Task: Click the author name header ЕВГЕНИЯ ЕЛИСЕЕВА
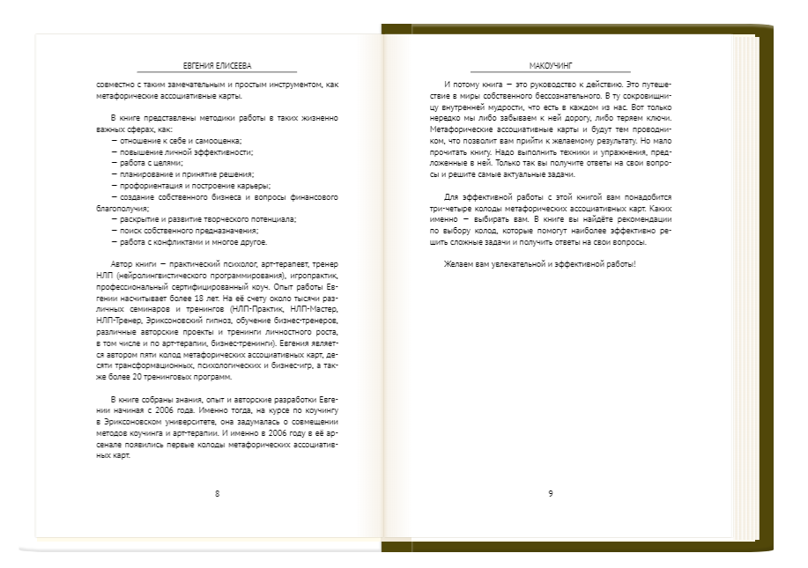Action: click(x=217, y=64)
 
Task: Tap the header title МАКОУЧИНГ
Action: click(x=551, y=64)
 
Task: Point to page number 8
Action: click(x=217, y=492)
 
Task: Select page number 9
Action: click(x=551, y=492)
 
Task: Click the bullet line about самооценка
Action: click(x=176, y=141)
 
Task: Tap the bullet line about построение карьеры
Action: click(x=190, y=186)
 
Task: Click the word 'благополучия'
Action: click(x=118, y=209)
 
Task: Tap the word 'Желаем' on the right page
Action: click(x=460, y=264)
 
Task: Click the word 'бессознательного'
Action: click(x=560, y=95)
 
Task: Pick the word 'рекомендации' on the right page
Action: click(x=644, y=219)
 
